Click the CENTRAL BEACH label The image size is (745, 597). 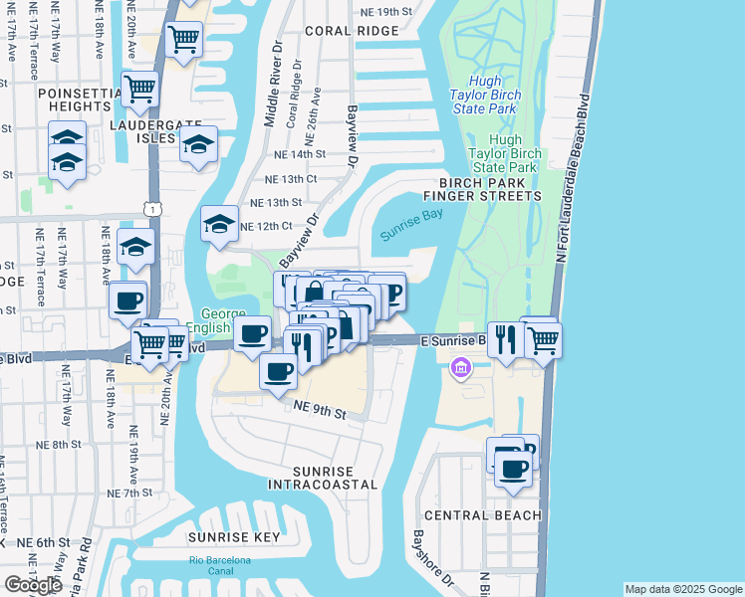(483, 515)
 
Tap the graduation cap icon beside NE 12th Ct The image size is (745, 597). (219, 224)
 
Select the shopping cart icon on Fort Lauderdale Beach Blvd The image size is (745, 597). (543, 339)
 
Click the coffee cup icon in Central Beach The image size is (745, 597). (514, 468)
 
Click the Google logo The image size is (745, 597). (34, 585)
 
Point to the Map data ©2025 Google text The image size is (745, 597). (683, 589)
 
